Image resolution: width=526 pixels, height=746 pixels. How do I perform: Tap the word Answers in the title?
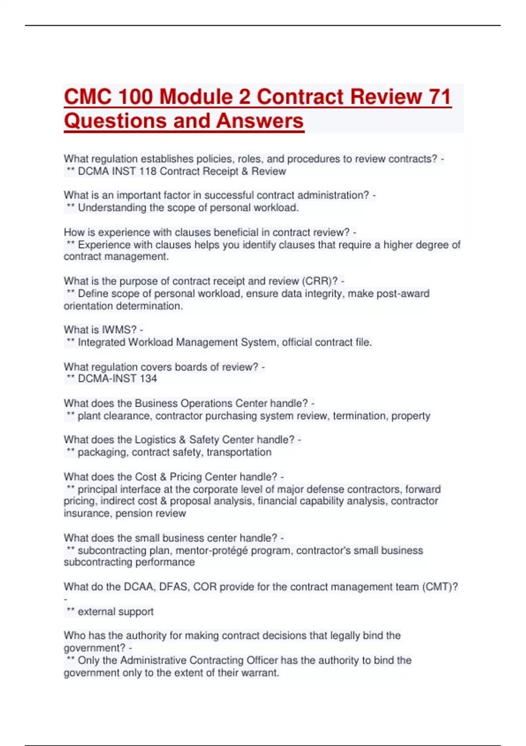pyautogui.click(x=259, y=121)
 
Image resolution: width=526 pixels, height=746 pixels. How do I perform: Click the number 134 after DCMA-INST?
pyautogui.click(x=148, y=379)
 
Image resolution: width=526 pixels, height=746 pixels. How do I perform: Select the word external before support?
pyautogui.click(x=96, y=612)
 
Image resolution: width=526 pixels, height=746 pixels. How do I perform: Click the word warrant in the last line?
pyautogui.click(x=261, y=673)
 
